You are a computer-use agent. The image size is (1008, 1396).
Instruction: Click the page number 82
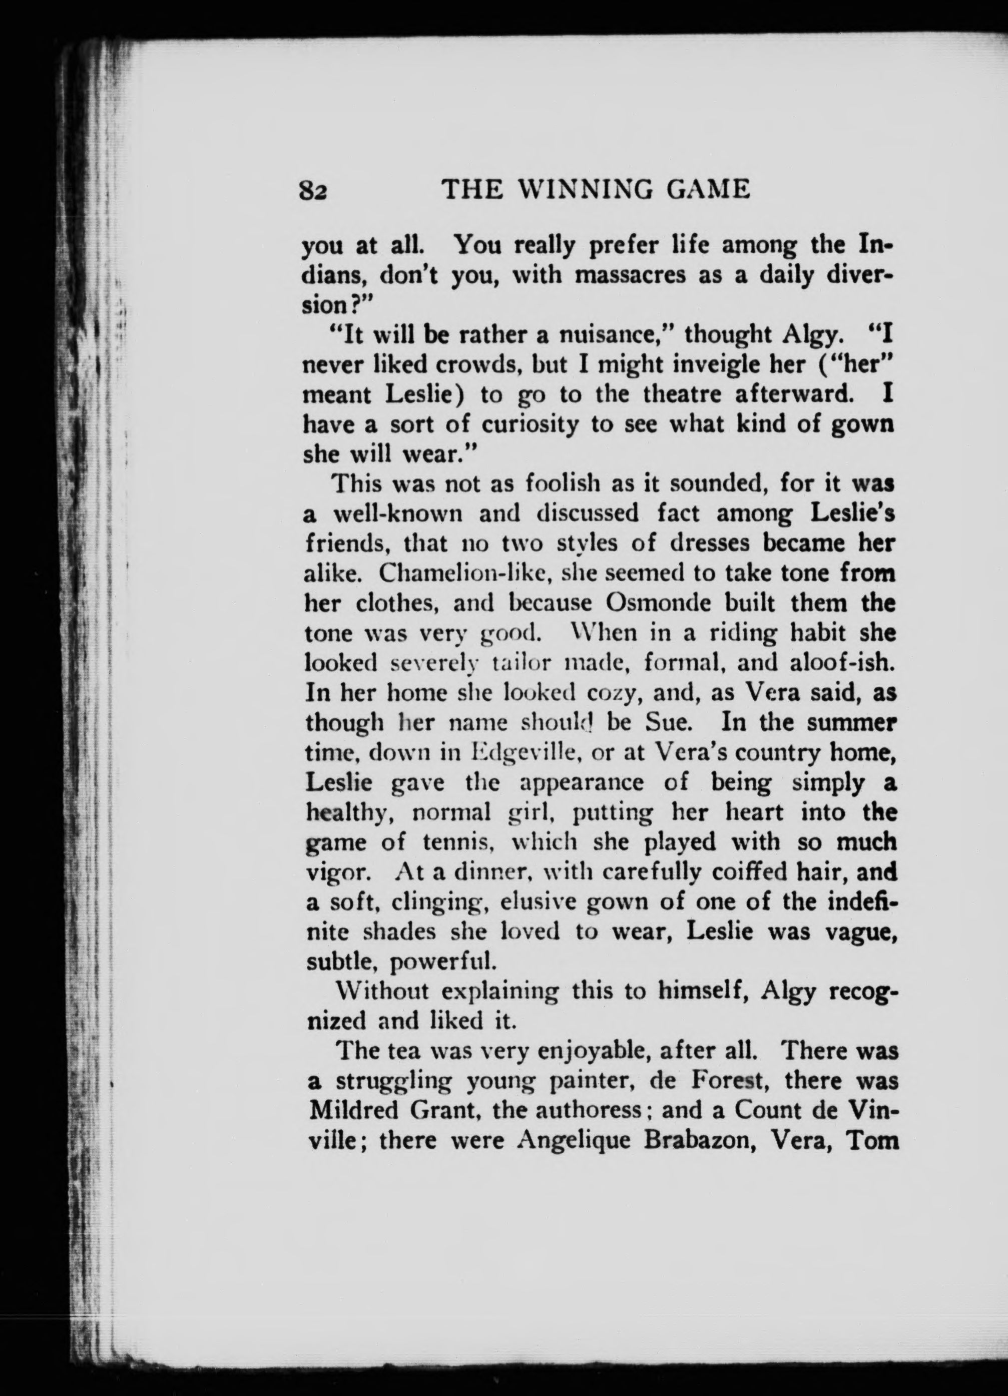pos(314,191)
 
